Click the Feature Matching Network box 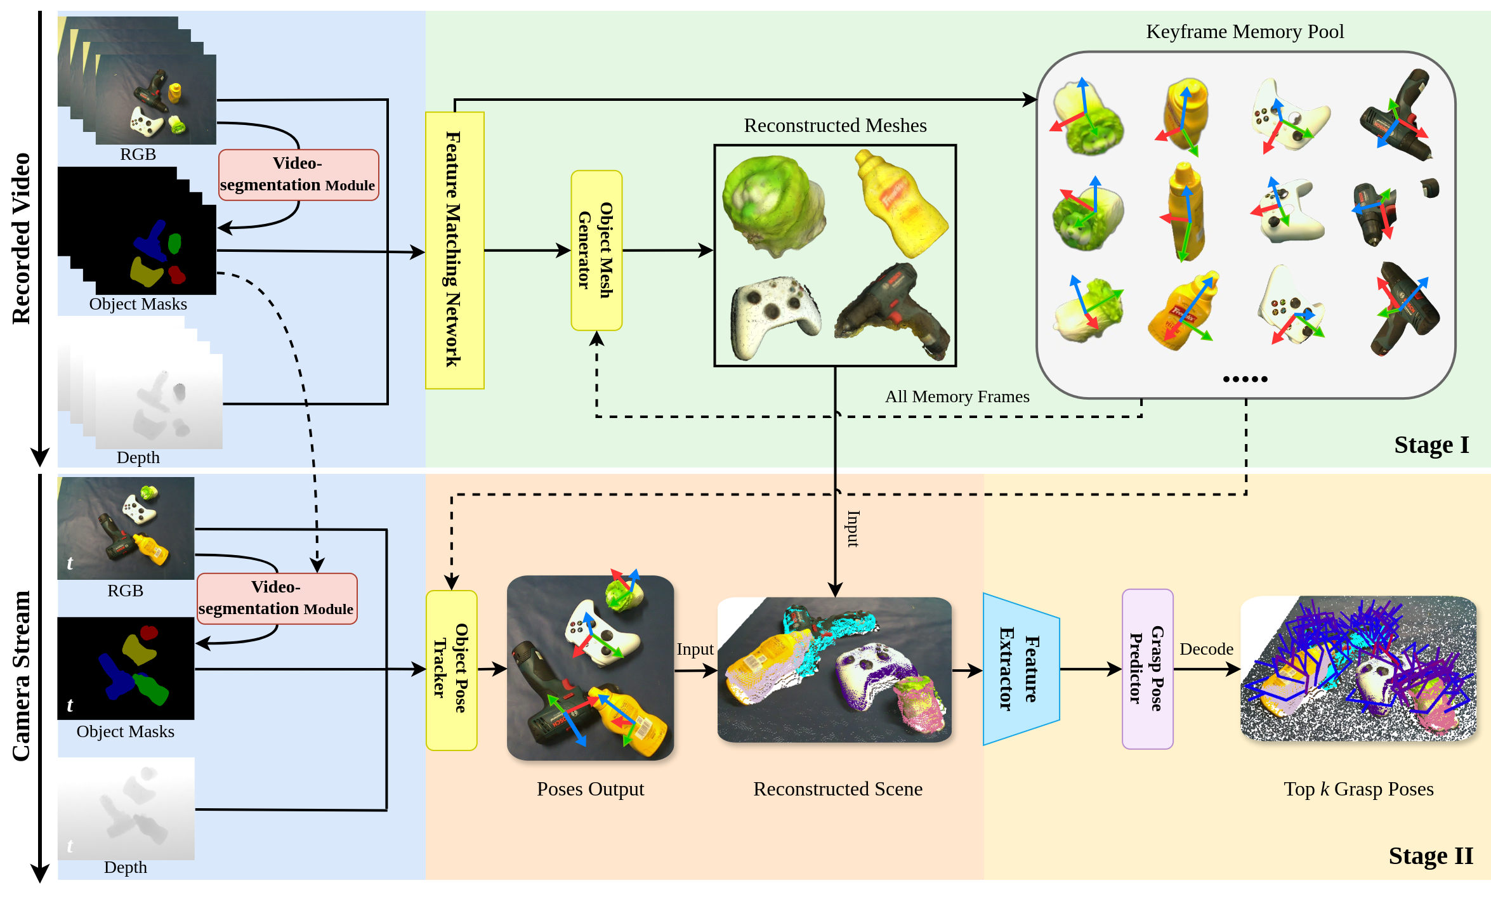click(x=454, y=250)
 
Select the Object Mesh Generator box click(x=596, y=250)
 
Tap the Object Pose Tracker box click(x=451, y=670)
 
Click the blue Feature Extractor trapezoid click(x=1020, y=669)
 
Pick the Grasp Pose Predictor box click(x=1147, y=669)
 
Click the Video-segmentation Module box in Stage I click(x=298, y=174)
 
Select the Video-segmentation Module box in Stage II click(x=277, y=598)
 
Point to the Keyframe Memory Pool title click(x=1245, y=32)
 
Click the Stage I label click(x=1431, y=445)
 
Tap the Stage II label click(x=1431, y=856)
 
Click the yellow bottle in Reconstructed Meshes click(x=901, y=203)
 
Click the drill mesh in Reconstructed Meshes click(x=895, y=311)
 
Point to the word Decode click(x=1206, y=649)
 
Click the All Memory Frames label click(x=957, y=396)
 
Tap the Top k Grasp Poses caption click(x=1358, y=789)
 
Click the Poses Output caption click(x=590, y=789)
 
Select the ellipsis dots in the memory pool click(x=1245, y=379)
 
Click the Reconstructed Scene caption click(x=837, y=789)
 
